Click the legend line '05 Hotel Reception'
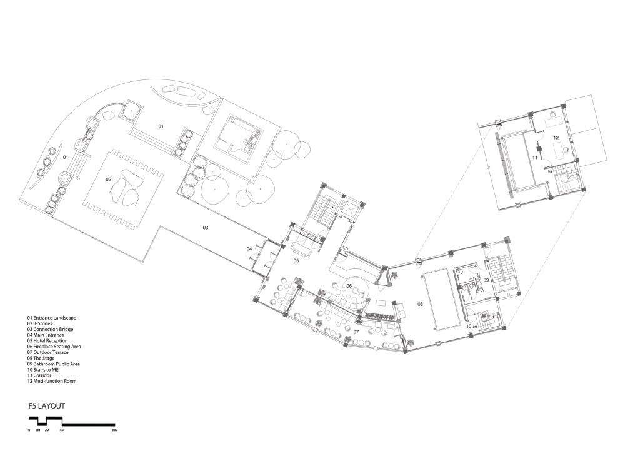tap(47, 341)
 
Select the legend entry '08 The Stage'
tap(41, 359)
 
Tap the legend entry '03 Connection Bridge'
tap(50, 329)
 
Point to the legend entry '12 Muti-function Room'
tap(52, 381)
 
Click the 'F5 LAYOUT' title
tap(47, 406)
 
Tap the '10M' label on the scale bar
tap(115, 430)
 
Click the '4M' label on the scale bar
tap(62, 430)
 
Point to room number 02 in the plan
tap(108, 180)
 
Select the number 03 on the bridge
tap(205, 228)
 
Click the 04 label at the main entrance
tap(249, 248)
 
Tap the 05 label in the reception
tap(296, 261)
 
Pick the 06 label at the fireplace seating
tap(349, 286)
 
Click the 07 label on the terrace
tap(356, 332)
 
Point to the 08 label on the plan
tap(420, 304)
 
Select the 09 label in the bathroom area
tap(486, 280)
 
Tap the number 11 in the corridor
tap(535, 158)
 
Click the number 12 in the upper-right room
tap(556, 138)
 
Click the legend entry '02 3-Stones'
tap(39, 323)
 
